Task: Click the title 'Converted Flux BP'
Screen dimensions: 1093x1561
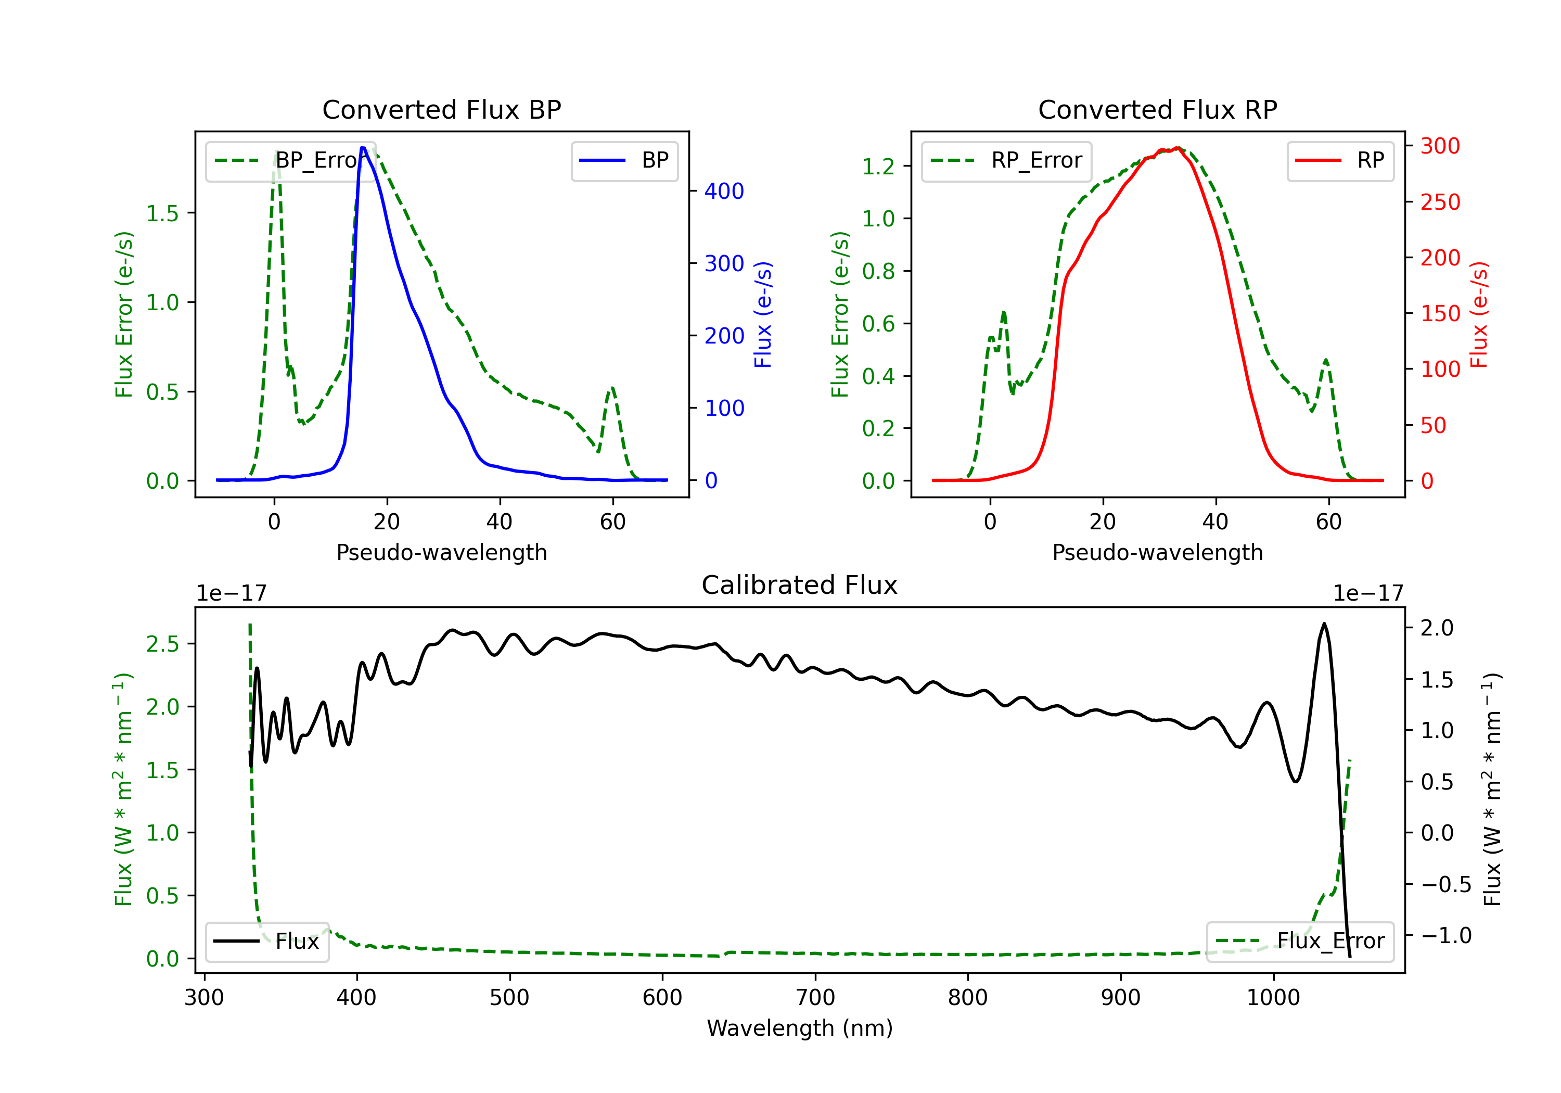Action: pyautogui.click(x=441, y=109)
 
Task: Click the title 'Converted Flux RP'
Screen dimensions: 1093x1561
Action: pyautogui.click(x=1157, y=109)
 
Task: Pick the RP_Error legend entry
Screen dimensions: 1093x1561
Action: pyautogui.click(x=1006, y=160)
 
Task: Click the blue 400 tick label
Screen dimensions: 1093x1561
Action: pyautogui.click(x=724, y=191)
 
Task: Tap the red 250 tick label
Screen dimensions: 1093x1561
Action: pyautogui.click(x=1440, y=202)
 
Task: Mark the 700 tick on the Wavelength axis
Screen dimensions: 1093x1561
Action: pyautogui.click(x=815, y=997)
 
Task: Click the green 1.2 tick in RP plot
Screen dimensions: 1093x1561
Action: pyautogui.click(x=878, y=166)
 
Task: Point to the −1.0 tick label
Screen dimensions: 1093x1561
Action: pyautogui.click(x=1445, y=935)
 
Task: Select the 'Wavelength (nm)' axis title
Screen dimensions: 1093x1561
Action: pyautogui.click(x=800, y=1028)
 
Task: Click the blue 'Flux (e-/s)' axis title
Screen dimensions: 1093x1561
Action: pyautogui.click(x=763, y=315)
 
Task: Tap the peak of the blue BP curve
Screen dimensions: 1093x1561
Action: pyautogui.click(x=364, y=148)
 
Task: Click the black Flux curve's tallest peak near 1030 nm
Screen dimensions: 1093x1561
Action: pyautogui.click(x=1324, y=624)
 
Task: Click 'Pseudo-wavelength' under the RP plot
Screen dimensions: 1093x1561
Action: pyautogui.click(x=1157, y=552)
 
